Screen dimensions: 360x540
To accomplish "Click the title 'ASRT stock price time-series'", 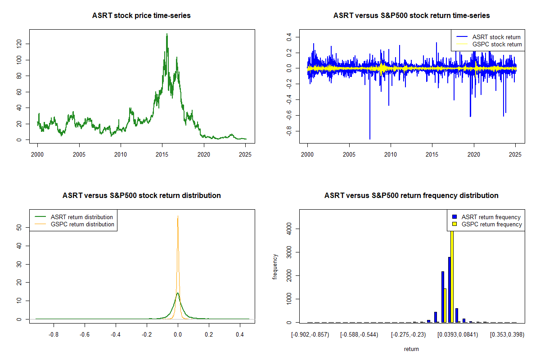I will (x=141, y=16).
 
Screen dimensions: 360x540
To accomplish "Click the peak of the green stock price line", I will (x=167, y=34).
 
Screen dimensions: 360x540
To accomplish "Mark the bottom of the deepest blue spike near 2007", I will (x=370, y=139).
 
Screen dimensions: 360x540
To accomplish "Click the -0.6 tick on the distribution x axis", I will (x=85, y=335).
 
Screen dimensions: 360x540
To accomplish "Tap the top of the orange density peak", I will (x=178, y=216).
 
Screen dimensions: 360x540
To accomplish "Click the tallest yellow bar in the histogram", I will (x=451, y=274).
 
